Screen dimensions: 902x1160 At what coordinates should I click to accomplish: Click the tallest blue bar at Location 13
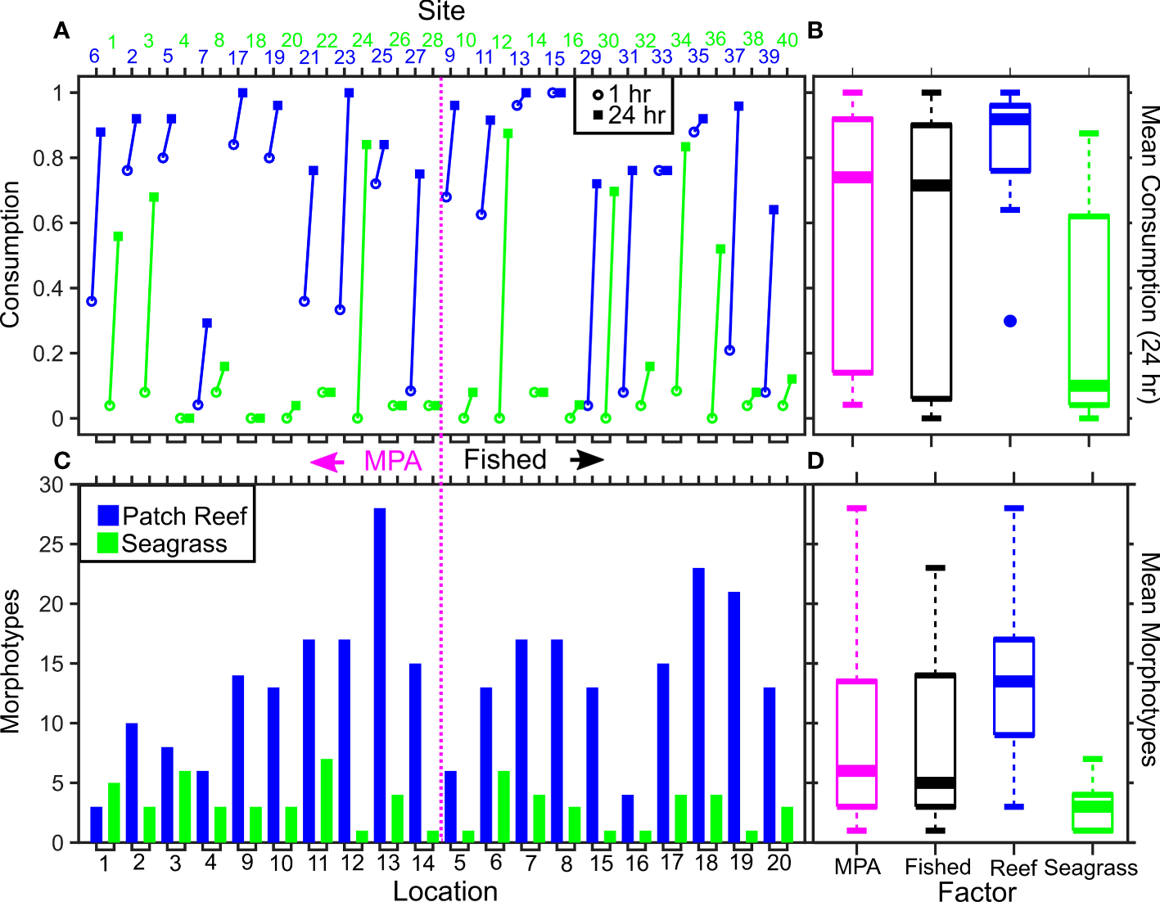tap(380, 675)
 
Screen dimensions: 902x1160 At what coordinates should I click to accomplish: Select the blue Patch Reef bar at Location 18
tap(698, 705)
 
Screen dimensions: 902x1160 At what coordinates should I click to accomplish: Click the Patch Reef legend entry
tap(173, 516)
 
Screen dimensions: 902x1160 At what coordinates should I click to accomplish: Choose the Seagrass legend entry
tap(163, 543)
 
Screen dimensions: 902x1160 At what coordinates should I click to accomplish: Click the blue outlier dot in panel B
tap(1010, 321)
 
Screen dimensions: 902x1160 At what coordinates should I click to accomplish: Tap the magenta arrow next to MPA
tap(327, 462)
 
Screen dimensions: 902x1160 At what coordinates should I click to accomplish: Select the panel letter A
tap(61, 31)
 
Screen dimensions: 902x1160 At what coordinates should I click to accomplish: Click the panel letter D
tap(815, 461)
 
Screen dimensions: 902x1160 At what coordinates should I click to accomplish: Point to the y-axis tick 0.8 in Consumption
tap(47, 158)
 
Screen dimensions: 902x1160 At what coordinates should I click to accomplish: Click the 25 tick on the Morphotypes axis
tap(51, 544)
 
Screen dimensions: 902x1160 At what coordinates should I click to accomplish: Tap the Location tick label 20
tap(779, 863)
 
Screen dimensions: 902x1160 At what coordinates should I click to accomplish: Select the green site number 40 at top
tap(787, 40)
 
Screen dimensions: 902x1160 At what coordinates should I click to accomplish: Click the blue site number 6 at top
tap(94, 56)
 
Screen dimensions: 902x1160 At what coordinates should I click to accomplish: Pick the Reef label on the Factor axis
tap(1013, 868)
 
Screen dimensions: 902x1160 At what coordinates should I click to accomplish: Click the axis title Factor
tap(977, 891)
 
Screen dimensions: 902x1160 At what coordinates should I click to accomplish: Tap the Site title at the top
tap(441, 11)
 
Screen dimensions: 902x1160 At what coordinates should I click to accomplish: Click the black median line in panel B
tap(932, 186)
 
